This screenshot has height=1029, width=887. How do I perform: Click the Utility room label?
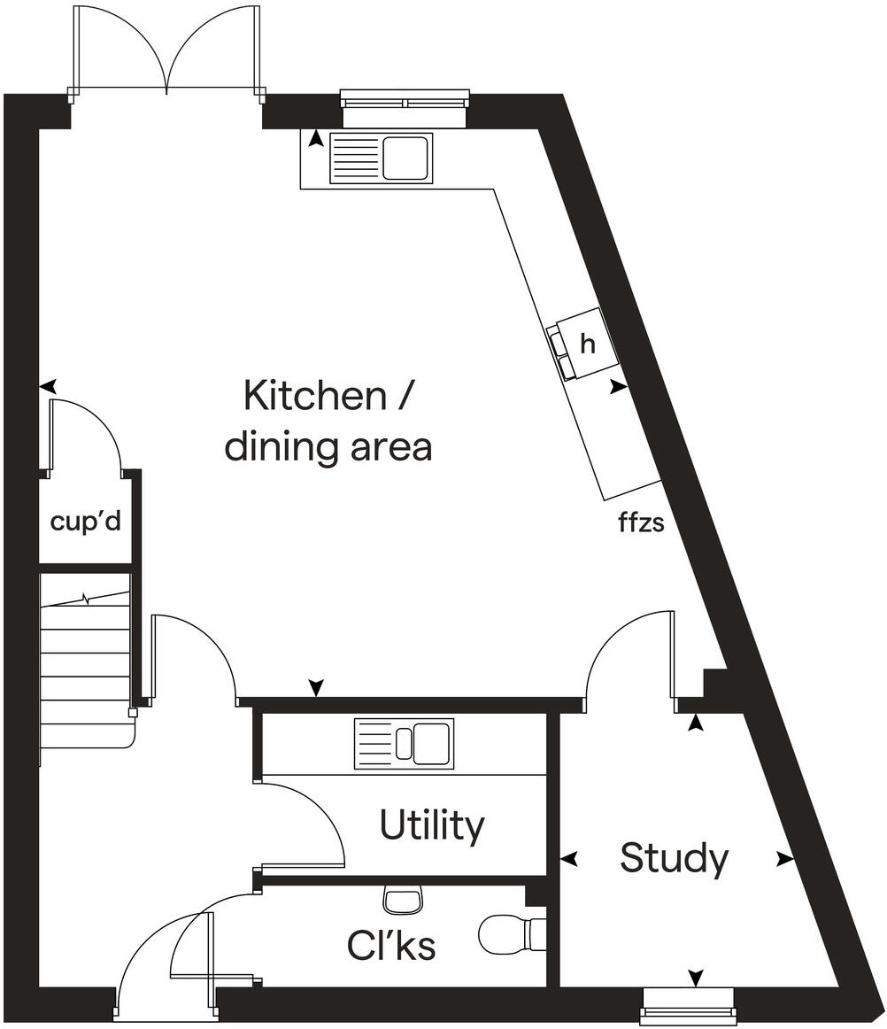pyautogui.click(x=432, y=825)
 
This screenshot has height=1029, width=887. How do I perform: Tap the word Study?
pyautogui.click(x=675, y=858)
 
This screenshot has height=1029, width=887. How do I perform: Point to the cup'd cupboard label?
pyautogui.click(x=85, y=522)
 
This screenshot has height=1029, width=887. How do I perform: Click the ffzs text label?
pyautogui.click(x=641, y=522)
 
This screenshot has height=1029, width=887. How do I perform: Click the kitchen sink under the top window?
pyautogui.click(x=381, y=159)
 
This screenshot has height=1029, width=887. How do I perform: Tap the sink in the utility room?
pyautogui.click(x=404, y=743)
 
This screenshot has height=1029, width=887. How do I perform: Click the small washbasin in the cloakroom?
pyautogui.click(x=403, y=901)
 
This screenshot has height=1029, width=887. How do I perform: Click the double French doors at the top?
pyautogui.click(x=167, y=49)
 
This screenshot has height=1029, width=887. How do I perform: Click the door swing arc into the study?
pyautogui.click(x=624, y=651)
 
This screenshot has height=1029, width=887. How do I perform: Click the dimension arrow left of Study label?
pyautogui.click(x=569, y=858)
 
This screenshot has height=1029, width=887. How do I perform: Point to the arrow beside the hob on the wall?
pyautogui.click(x=617, y=387)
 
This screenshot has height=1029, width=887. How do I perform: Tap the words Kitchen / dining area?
pyautogui.click(x=328, y=421)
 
